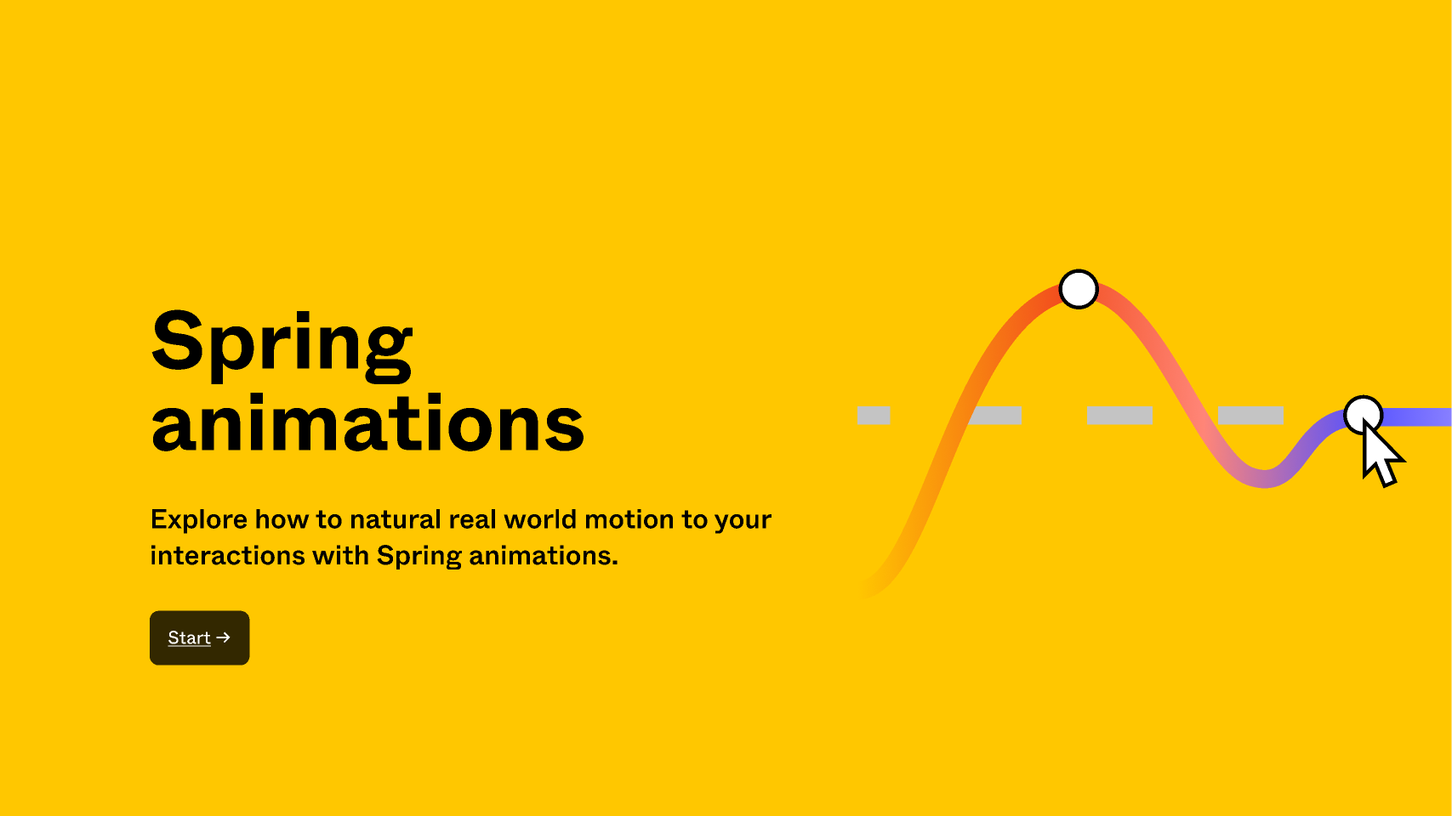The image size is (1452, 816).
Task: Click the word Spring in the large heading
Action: (282, 343)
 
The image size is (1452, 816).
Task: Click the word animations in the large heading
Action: (367, 424)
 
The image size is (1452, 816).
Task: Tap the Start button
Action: (199, 637)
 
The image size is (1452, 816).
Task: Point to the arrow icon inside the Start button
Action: (224, 637)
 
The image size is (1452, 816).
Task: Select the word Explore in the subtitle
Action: (199, 519)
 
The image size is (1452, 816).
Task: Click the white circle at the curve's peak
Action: (1079, 289)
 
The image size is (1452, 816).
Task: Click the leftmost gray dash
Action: (874, 416)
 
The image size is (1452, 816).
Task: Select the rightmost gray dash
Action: (1250, 416)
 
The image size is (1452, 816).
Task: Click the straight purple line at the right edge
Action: (1421, 416)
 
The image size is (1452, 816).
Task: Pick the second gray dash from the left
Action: (997, 416)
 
